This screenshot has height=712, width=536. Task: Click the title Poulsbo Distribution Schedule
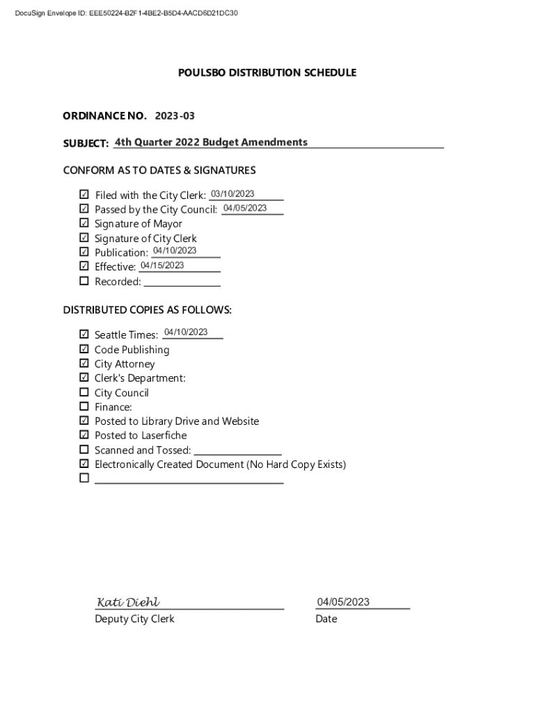[x=267, y=72]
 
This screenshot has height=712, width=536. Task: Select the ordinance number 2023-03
[x=170, y=115]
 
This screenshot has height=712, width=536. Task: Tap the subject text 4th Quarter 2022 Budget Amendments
[x=211, y=142]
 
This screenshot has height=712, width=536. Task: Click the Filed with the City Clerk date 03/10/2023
[x=232, y=194]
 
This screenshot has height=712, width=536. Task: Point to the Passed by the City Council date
[x=245, y=208]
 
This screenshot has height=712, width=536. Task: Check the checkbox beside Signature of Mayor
[x=84, y=223]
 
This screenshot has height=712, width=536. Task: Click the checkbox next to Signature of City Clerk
[x=84, y=238]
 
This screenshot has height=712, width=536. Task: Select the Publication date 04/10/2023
[x=175, y=251]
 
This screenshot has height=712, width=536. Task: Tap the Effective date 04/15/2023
[x=162, y=266]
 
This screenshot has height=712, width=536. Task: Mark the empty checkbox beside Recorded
[x=84, y=281]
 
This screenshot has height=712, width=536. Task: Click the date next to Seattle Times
[x=186, y=332]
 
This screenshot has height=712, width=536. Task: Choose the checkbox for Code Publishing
[x=84, y=349]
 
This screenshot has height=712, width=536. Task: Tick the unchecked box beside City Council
[x=84, y=392]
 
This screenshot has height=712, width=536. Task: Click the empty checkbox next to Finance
[x=84, y=407]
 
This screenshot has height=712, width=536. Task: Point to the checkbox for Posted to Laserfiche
[x=84, y=435]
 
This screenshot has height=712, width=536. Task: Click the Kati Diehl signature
[x=128, y=602]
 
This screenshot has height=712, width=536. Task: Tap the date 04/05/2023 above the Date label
[x=343, y=602]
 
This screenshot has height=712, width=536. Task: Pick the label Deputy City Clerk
[x=134, y=619]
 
